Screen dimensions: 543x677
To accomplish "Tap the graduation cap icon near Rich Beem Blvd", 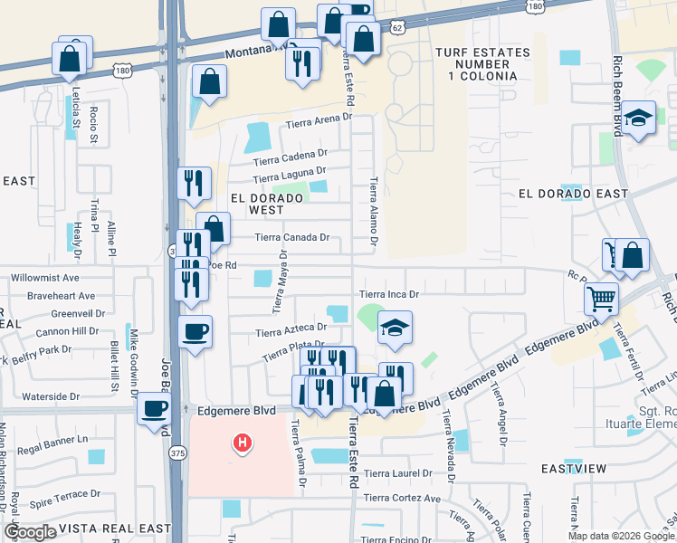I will pyautogui.click(x=638, y=118).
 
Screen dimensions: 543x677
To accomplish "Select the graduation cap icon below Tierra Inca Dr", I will pyautogui.click(x=395, y=327).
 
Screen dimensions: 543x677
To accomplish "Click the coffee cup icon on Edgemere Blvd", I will pyautogui.click(x=154, y=408).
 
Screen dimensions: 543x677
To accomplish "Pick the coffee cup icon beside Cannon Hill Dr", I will pyautogui.click(x=195, y=331).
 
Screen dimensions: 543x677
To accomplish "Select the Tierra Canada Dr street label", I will pyautogui.click(x=291, y=237).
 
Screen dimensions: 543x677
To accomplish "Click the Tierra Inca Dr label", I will pyautogui.click(x=389, y=294).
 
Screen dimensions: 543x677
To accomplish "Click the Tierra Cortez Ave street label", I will pyautogui.click(x=402, y=498).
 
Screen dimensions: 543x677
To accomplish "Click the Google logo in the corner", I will pyautogui.click(x=31, y=532).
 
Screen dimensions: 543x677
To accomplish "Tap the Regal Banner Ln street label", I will pyautogui.click(x=56, y=439).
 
